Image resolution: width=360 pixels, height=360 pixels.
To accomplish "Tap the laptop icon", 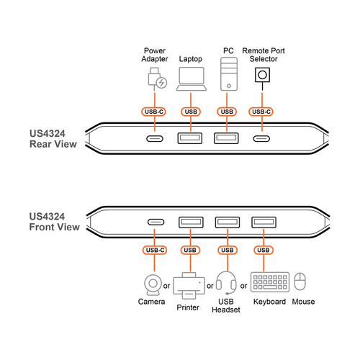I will click(191, 78).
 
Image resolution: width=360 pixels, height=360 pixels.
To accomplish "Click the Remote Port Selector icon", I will click(264, 76).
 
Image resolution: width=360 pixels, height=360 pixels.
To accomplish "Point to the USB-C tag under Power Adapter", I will click(154, 111).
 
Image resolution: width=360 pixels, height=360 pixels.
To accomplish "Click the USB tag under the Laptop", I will click(191, 111).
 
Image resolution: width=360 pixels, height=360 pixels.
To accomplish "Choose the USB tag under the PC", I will click(227, 111).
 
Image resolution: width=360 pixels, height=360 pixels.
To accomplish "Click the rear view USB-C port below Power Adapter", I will click(154, 140).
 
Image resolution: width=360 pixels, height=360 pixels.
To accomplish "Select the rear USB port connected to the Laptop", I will click(191, 139).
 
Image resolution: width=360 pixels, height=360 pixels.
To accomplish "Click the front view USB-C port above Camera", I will click(154, 222).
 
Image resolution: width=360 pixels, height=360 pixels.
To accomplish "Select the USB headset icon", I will click(226, 284).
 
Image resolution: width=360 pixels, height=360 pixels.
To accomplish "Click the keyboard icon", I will click(269, 282).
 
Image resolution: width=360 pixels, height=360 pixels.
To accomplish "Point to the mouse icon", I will click(302, 282).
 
